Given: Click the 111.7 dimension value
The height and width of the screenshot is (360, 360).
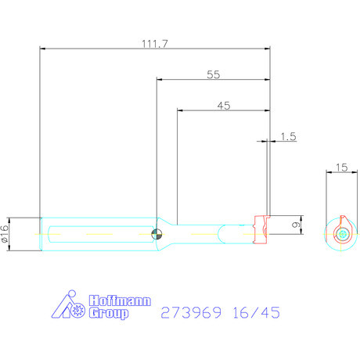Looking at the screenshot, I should [155, 44].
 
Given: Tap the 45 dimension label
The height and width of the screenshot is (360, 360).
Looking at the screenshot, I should [224, 105].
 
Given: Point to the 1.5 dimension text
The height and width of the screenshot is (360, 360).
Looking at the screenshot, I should [287, 136].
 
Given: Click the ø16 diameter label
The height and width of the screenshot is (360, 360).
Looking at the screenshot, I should [5, 233].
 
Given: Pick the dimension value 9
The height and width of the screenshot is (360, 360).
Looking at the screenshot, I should [294, 225].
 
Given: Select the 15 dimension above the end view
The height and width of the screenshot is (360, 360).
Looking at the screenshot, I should [340, 167].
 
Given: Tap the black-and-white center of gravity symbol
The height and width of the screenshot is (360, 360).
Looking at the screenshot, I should [157, 233].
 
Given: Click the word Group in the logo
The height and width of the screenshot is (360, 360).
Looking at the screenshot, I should [108, 314].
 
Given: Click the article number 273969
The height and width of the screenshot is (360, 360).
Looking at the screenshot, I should [189, 313].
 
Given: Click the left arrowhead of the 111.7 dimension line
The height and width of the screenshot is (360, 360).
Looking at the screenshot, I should [43, 49].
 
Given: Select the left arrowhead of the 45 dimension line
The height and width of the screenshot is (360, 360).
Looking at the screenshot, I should [181, 110].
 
